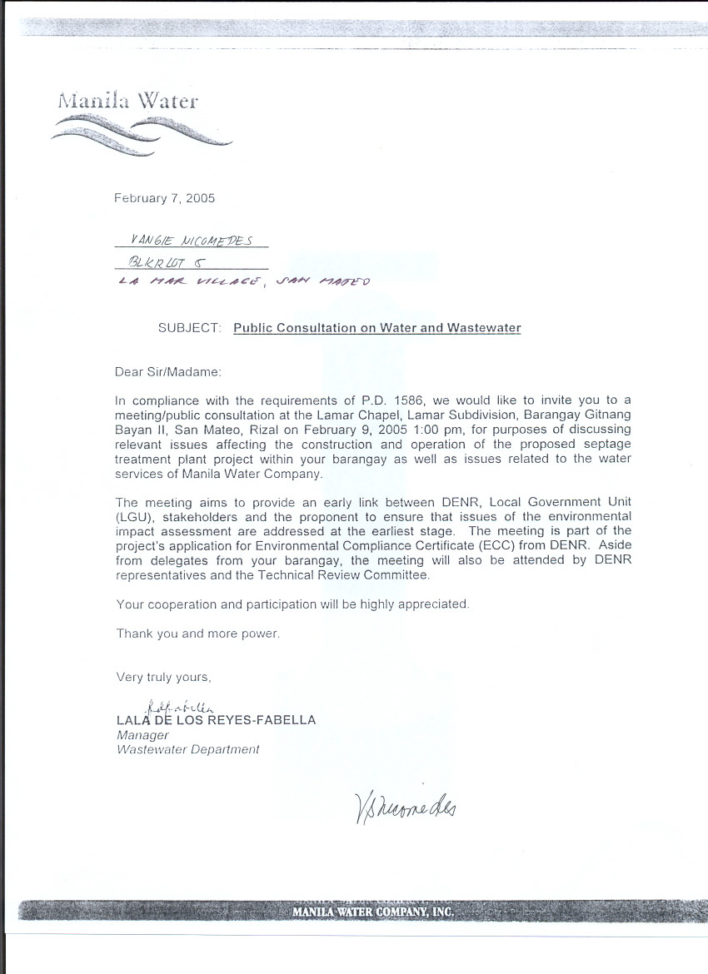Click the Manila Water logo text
click(x=127, y=102)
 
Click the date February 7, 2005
click(x=164, y=198)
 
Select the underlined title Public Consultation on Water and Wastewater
click(x=376, y=328)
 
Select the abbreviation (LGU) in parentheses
click(x=132, y=516)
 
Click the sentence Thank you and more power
click(x=198, y=634)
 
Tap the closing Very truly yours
click(x=164, y=677)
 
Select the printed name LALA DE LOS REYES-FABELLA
click(x=217, y=720)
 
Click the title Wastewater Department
click(x=187, y=749)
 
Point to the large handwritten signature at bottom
click(x=398, y=805)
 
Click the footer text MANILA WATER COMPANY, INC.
click(x=373, y=912)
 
